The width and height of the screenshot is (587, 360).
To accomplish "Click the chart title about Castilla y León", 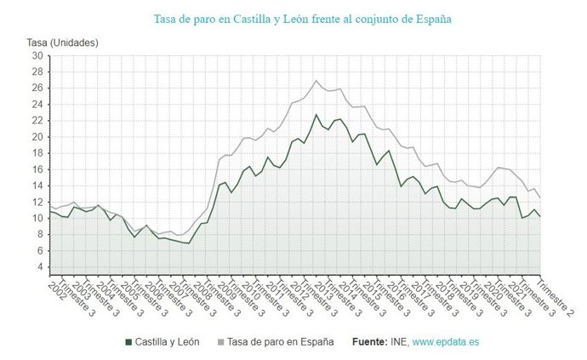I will [302, 18].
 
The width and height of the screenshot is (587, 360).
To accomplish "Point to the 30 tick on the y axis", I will [37, 56].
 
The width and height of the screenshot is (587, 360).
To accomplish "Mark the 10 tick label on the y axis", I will [37, 218].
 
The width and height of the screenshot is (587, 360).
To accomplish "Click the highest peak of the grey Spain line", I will [316, 81].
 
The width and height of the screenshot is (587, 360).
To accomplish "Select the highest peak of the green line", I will [316, 114].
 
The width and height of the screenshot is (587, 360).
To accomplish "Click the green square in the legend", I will [128, 342].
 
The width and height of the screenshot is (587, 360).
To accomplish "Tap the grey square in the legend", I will [221, 342].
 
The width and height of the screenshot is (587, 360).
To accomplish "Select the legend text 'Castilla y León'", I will [168, 342].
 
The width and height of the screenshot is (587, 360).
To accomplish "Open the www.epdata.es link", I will [445, 342].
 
